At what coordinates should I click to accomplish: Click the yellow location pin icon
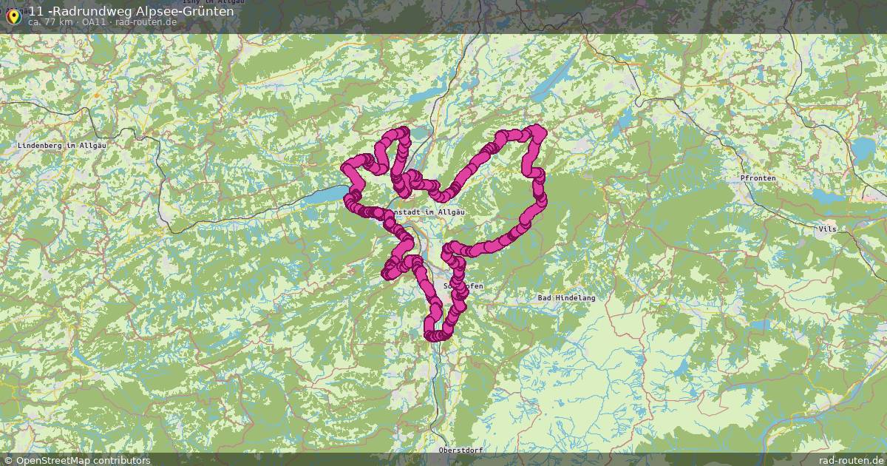point(13,16)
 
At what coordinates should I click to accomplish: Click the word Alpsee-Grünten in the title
point(186,11)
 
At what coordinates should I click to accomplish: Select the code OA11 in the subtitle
point(94,22)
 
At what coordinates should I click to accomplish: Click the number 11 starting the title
point(35,11)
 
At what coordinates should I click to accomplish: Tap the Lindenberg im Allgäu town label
point(62,146)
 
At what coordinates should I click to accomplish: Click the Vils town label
point(827,230)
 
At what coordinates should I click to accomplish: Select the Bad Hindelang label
point(566,298)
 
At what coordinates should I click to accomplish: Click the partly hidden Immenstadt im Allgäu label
point(429,212)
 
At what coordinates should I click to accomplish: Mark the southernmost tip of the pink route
point(436,337)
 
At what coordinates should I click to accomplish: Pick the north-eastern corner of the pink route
point(537,131)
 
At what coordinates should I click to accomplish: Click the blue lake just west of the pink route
point(326,197)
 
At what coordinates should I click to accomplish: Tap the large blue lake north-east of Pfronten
point(863,150)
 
